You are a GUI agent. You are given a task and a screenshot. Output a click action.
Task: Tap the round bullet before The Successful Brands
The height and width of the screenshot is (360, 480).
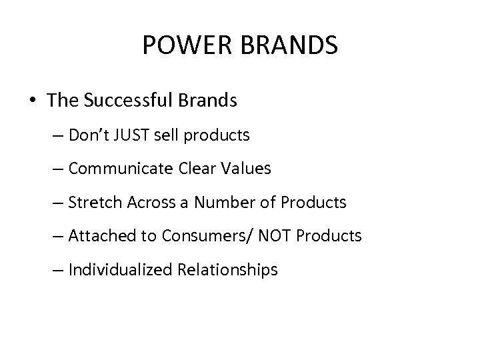[x=32, y=101]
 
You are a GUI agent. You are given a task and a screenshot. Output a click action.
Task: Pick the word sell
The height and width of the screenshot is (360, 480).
[x=171, y=135]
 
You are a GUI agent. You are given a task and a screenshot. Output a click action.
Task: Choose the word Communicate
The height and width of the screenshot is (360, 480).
[x=121, y=169]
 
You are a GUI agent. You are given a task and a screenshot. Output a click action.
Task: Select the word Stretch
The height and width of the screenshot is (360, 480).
[x=91, y=202]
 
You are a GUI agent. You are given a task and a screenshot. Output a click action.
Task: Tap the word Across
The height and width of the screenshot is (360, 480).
[x=143, y=202]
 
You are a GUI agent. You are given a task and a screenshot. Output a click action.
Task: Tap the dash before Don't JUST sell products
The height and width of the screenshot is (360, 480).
[x=58, y=135]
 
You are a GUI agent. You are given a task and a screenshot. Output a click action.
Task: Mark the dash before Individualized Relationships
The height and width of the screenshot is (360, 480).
[x=58, y=269]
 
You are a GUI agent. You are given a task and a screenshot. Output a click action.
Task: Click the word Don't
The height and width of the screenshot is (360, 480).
[x=91, y=135]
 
